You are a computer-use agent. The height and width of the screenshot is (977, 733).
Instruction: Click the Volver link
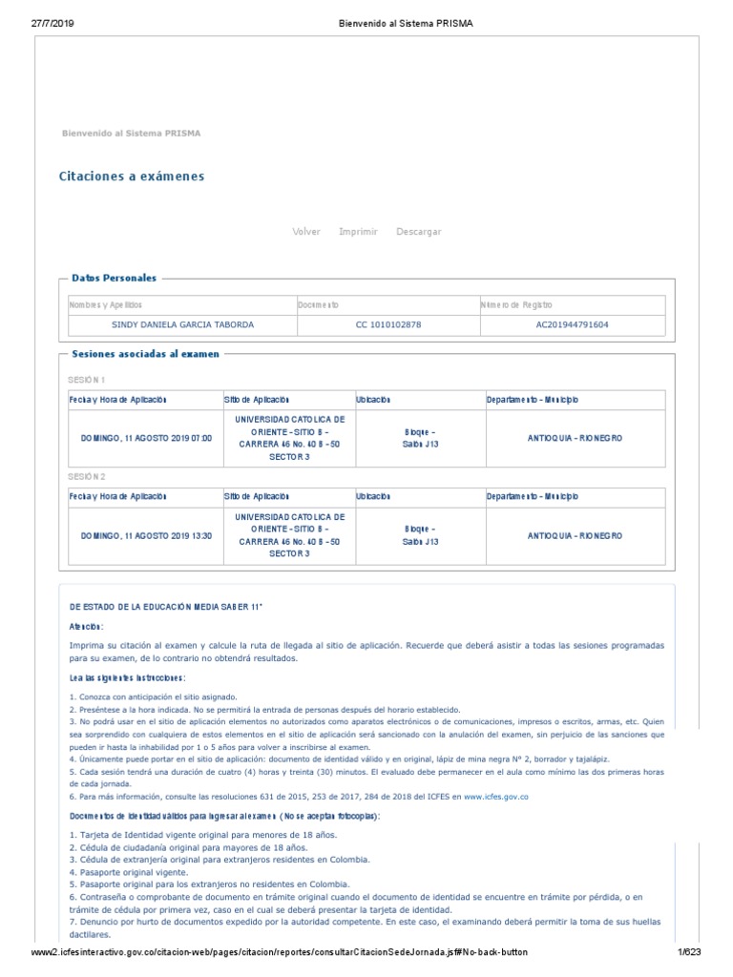[306, 232]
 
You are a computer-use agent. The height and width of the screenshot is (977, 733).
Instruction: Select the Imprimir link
[358, 232]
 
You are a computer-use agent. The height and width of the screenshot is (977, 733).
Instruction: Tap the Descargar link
[419, 232]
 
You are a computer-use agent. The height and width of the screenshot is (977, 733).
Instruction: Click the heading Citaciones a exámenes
[132, 177]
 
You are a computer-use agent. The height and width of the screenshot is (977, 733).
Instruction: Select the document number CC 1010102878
[388, 325]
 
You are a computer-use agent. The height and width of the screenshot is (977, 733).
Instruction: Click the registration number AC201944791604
[573, 325]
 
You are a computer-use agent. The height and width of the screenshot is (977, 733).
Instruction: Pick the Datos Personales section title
[114, 278]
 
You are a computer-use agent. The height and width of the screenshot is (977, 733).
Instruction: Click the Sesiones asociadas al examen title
[145, 354]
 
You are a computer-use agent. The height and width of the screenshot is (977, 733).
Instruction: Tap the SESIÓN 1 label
[87, 380]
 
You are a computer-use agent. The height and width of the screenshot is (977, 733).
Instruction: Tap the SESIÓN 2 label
[87, 476]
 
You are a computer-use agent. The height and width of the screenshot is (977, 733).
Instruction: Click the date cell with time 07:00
[146, 438]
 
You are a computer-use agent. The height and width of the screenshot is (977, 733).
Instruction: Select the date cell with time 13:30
[146, 535]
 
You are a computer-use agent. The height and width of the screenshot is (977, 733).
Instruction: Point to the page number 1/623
[688, 953]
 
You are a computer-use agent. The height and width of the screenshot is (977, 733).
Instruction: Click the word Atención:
[86, 627]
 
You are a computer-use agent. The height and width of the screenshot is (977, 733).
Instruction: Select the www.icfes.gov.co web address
[496, 796]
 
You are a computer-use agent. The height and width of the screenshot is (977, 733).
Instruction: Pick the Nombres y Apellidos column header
[106, 304]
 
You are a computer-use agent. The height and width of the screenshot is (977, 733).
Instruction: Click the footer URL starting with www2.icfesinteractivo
[279, 953]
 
